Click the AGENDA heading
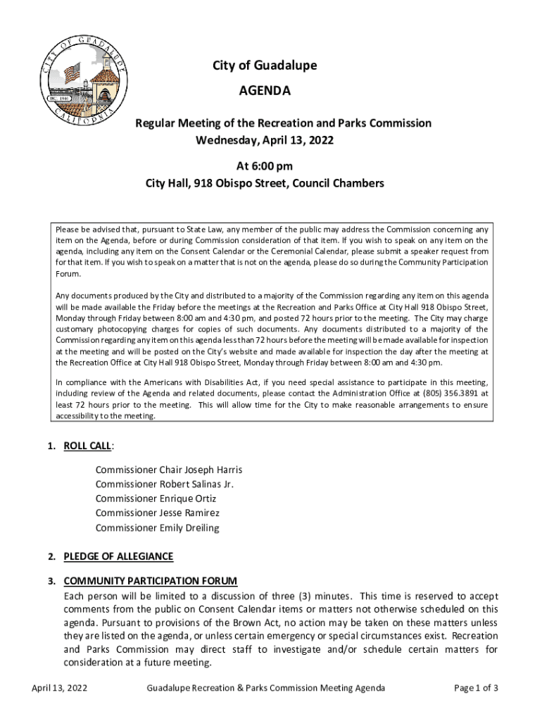coord(265,91)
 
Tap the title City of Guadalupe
coord(265,65)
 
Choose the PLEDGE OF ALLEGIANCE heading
coord(118,556)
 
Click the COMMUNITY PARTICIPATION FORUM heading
coord(151,581)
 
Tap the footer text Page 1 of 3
coord(476,688)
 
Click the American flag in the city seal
coord(72,73)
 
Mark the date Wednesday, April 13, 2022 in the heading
coord(265,140)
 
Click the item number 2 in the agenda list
coord(51,556)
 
